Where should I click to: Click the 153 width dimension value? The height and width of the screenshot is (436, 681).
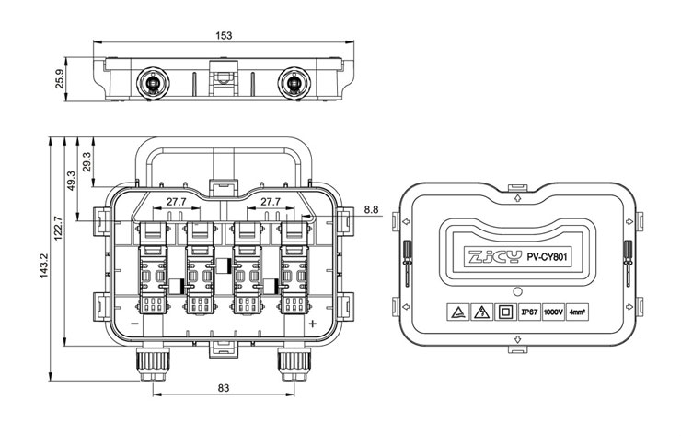point(224,35)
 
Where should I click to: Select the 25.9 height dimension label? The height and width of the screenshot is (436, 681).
point(60,79)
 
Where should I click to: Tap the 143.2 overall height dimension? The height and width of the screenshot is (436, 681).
point(45,265)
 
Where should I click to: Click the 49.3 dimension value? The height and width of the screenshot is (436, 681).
point(71,180)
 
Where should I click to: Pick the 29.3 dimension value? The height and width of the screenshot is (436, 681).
point(87,161)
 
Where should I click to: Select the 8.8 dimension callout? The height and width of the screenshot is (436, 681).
point(372,210)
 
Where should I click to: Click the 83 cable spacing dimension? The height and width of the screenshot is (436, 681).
point(224,388)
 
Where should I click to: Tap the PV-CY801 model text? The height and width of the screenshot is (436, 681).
point(547,257)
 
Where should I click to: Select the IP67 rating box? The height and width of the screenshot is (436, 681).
point(529,312)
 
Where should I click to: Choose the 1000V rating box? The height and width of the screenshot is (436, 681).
point(553,312)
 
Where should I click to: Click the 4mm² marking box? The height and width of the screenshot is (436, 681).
point(577,312)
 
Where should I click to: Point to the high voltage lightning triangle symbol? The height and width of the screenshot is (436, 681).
point(481,312)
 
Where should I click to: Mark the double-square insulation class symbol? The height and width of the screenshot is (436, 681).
point(505,312)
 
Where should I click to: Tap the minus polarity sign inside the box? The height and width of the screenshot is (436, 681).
point(134,324)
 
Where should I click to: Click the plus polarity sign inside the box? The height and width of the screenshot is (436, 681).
point(312,324)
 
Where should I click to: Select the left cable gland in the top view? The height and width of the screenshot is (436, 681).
point(153,83)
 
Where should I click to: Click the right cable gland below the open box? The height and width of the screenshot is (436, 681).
point(294,363)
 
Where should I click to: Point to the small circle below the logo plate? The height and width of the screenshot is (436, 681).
point(517,291)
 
